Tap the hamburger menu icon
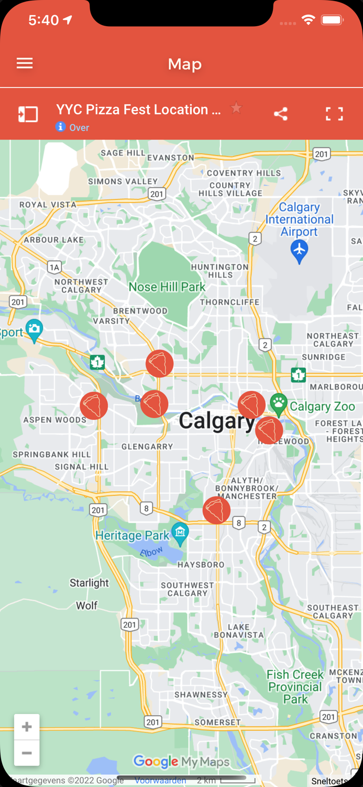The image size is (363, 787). (25, 63)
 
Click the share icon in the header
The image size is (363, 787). (281, 114)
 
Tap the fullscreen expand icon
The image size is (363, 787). (334, 114)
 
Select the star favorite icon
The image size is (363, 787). (237, 108)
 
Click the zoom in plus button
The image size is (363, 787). (27, 727)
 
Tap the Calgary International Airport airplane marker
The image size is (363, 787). (299, 251)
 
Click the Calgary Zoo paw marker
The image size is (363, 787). (279, 405)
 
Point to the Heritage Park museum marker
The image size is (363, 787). (180, 534)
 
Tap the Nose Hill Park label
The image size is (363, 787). (167, 287)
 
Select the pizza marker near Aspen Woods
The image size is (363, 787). (94, 406)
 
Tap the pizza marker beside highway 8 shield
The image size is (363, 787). (216, 510)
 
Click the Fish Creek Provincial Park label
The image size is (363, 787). (295, 687)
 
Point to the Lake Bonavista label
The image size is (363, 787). (239, 631)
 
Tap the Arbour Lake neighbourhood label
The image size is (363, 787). (53, 240)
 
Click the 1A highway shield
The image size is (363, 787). (54, 268)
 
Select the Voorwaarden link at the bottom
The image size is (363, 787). (160, 781)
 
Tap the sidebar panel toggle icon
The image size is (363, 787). (28, 114)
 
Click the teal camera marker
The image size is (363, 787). (35, 330)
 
